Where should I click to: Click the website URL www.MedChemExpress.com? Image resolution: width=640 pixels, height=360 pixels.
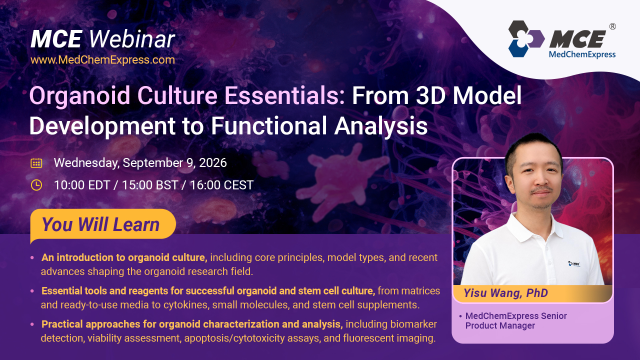pyautogui.click(x=102, y=60)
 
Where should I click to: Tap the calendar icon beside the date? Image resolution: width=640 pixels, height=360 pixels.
pyautogui.click(x=36, y=163)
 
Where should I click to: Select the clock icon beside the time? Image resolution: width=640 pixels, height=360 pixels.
pyautogui.click(x=36, y=185)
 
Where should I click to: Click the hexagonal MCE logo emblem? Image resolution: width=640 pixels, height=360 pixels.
pyautogui.click(x=526, y=38)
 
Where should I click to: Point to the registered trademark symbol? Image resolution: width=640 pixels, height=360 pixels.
pyautogui.click(x=612, y=26)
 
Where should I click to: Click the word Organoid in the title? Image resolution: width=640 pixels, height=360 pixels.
pyautogui.click(x=80, y=96)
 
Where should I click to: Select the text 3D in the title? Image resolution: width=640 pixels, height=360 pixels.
pyautogui.click(x=430, y=95)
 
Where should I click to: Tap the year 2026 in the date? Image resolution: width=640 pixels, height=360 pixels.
pyautogui.click(x=213, y=163)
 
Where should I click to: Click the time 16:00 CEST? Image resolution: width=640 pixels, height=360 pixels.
pyautogui.click(x=221, y=185)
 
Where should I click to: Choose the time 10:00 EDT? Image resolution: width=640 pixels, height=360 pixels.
pyautogui.click(x=82, y=185)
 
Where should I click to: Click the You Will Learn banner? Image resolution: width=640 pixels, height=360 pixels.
pyautogui.click(x=103, y=224)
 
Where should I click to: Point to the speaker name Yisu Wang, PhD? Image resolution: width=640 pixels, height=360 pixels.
pyautogui.click(x=505, y=293)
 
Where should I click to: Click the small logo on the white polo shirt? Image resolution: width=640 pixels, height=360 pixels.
pyautogui.click(x=574, y=263)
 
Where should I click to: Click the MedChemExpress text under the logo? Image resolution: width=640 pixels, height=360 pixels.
pyautogui.click(x=582, y=54)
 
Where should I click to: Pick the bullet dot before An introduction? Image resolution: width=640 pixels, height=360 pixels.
pyautogui.click(x=32, y=257)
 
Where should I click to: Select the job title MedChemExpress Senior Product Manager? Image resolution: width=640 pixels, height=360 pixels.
pyautogui.click(x=515, y=320)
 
